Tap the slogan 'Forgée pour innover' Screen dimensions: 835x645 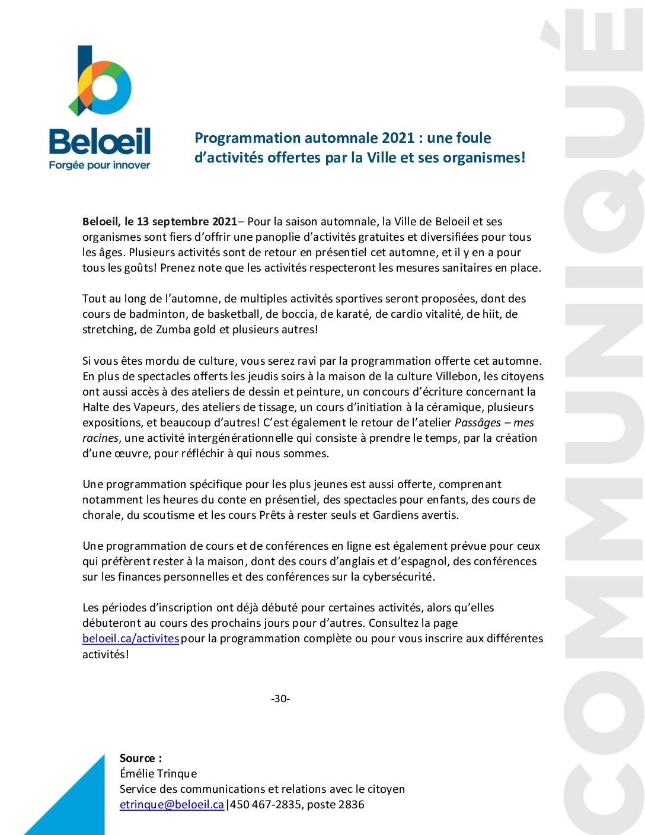[100, 165]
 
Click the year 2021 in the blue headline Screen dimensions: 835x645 [398, 138]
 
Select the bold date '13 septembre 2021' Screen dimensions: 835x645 [187, 222]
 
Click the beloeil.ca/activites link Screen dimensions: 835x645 [130, 639]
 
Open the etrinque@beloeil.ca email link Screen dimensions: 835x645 [172, 805]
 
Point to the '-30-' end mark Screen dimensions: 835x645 [280, 699]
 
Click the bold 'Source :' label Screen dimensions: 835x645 [141, 758]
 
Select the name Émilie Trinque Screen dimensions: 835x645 [158, 774]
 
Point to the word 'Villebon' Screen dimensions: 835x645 [457, 376]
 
